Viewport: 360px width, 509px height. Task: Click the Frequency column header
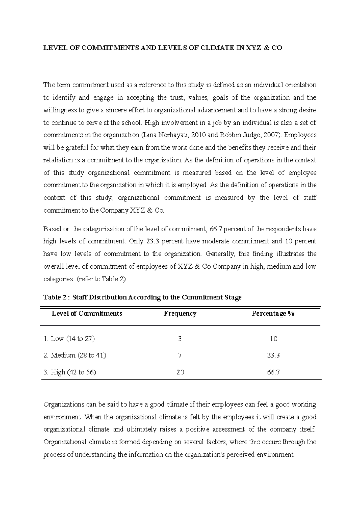click(180, 314)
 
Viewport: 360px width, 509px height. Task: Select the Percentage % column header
click(273, 314)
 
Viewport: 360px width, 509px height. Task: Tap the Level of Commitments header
click(87, 314)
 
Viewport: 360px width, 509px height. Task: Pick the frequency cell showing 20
click(180, 372)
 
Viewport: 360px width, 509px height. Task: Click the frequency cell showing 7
click(180, 356)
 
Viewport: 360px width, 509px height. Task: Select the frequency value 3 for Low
click(180, 339)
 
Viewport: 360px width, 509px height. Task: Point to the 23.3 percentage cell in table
click(273, 356)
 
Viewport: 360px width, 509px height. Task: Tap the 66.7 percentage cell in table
click(273, 372)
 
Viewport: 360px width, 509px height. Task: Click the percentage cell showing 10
click(273, 339)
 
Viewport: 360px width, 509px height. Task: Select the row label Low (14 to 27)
click(69, 339)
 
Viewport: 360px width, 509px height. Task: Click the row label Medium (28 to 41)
click(75, 356)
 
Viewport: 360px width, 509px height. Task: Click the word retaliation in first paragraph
click(58, 160)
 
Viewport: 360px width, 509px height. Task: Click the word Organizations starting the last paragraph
click(64, 405)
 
